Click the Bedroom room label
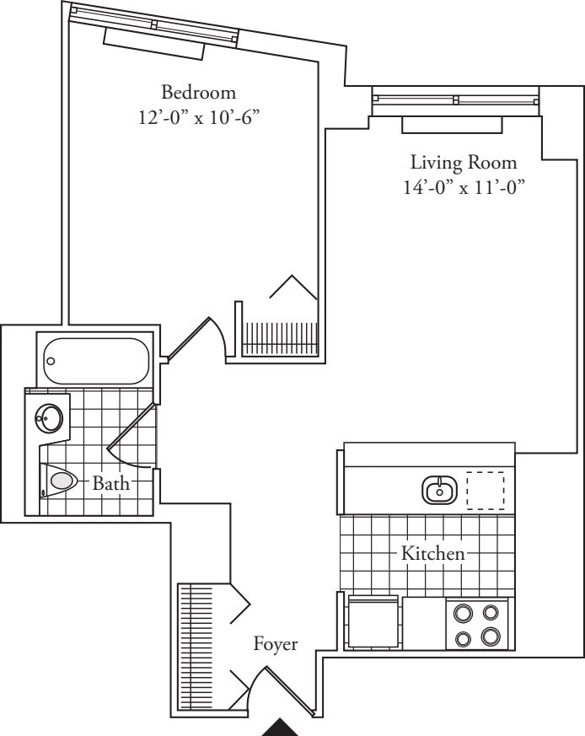point(199,92)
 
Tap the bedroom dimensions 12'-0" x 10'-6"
point(198,117)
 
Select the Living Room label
point(464,162)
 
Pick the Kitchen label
point(432,554)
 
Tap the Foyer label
point(276,645)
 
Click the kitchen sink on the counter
point(439,488)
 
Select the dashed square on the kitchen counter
point(485,489)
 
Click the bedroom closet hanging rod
point(282,341)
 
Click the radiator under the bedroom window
point(154,42)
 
